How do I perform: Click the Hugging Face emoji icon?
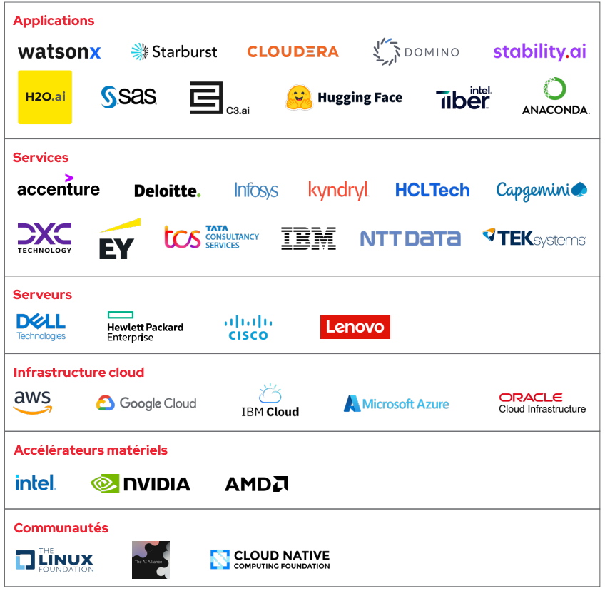click(x=300, y=98)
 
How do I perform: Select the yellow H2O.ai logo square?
click(x=45, y=97)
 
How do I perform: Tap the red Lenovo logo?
click(x=355, y=327)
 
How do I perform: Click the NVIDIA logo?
click(x=141, y=484)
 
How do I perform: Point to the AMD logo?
click(x=256, y=484)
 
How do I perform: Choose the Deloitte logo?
click(x=168, y=191)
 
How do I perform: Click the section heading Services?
click(x=41, y=158)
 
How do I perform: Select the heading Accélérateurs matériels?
click(x=91, y=450)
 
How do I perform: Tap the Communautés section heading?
click(x=61, y=528)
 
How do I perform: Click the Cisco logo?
click(x=248, y=328)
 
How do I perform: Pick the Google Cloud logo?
click(x=146, y=403)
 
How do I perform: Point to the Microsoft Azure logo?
click(x=397, y=404)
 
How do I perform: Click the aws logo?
click(x=32, y=403)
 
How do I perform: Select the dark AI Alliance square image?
click(x=151, y=560)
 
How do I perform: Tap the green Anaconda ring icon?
click(x=554, y=89)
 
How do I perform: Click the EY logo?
click(x=118, y=241)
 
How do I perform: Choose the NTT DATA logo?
click(x=410, y=238)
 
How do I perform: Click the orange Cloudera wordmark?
click(x=293, y=51)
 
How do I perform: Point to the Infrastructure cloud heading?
click(x=78, y=373)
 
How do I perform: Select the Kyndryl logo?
click(x=338, y=191)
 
